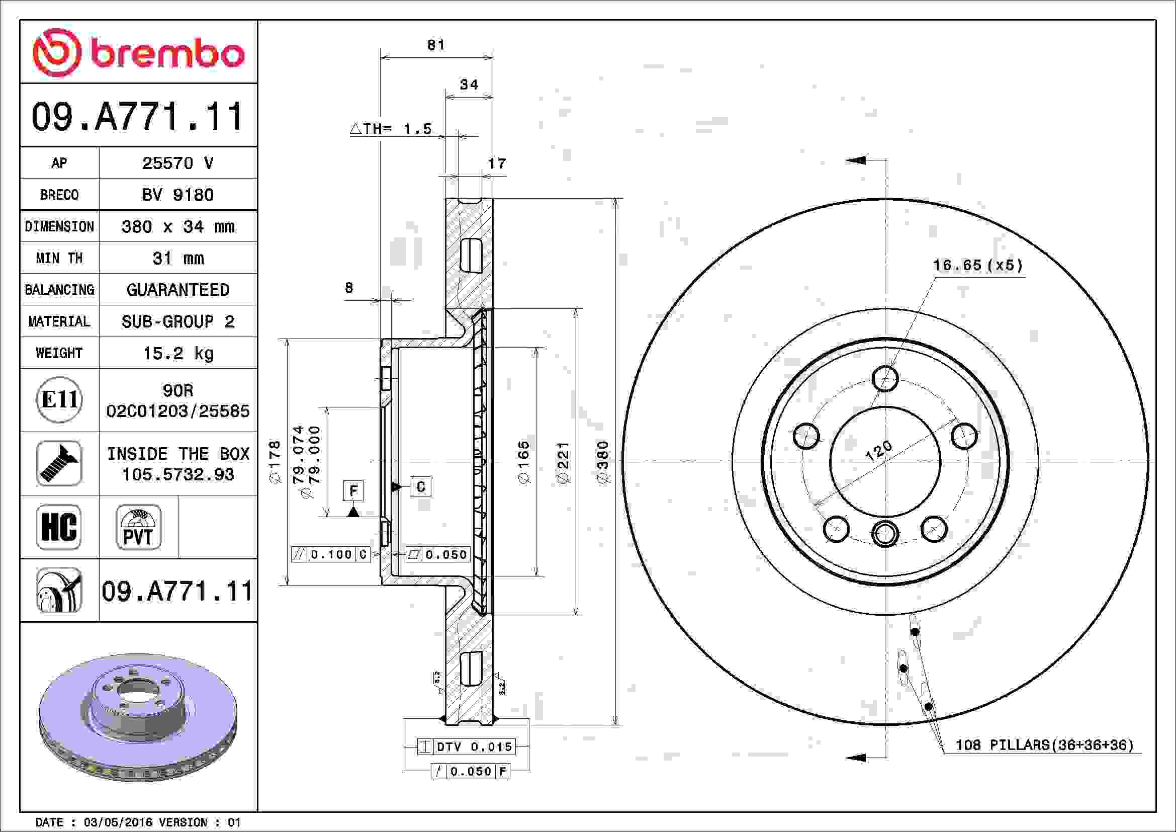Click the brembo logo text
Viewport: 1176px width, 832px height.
pyautogui.click(x=167, y=54)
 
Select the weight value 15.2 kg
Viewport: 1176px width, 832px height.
pyautogui.click(x=177, y=353)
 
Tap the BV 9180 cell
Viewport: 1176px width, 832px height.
pyautogui.click(x=177, y=195)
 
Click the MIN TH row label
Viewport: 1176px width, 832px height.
pyautogui.click(x=59, y=258)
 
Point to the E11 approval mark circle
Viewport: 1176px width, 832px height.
pyautogui.click(x=59, y=399)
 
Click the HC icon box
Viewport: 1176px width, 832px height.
pyautogui.click(x=59, y=527)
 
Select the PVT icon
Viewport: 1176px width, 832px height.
pyautogui.click(x=138, y=527)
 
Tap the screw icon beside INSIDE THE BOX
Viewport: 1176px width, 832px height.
pyautogui.click(x=59, y=463)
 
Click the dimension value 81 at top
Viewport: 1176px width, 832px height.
pyautogui.click(x=436, y=45)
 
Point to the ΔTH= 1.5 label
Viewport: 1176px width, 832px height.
pyautogui.click(x=391, y=129)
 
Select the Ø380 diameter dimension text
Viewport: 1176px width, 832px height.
pyautogui.click(x=603, y=462)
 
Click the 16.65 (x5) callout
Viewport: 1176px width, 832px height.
pyautogui.click(x=978, y=266)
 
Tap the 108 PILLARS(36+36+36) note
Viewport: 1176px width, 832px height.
pyautogui.click(x=1044, y=745)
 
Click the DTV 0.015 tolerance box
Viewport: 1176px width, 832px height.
pyautogui.click(x=466, y=746)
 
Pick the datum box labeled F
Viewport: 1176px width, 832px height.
pyautogui.click(x=353, y=491)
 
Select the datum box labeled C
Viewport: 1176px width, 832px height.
pyautogui.click(x=420, y=486)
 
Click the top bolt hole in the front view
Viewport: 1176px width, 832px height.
pyautogui.click(x=885, y=379)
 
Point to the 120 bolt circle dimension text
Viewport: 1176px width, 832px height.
pyautogui.click(x=878, y=450)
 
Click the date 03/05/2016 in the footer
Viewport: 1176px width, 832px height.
pyautogui.click(x=118, y=822)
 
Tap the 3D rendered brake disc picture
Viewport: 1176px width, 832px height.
pyautogui.click(x=138, y=717)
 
